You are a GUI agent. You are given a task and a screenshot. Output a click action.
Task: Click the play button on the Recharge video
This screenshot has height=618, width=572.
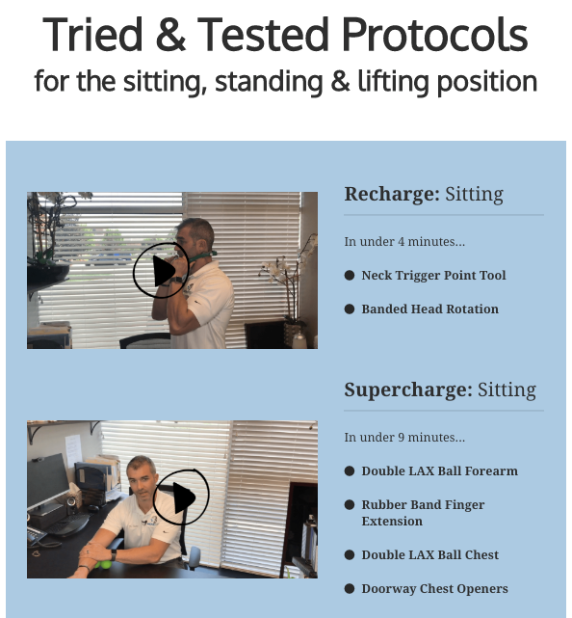[x=162, y=270]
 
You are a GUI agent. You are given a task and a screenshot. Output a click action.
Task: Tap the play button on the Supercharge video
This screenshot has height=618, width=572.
[x=181, y=497]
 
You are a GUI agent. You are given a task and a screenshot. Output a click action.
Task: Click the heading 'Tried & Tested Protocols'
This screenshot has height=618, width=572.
[x=285, y=35]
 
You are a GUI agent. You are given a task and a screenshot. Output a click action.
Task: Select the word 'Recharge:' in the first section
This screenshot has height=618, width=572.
[x=392, y=194]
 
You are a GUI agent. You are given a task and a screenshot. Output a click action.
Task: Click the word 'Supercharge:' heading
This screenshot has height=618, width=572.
[x=408, y=390]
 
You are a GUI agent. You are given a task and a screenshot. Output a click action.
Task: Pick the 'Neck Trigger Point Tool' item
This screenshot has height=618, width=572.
[x=433, y=275]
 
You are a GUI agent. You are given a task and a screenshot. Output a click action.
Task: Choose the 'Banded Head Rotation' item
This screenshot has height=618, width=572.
[x=429, y=309]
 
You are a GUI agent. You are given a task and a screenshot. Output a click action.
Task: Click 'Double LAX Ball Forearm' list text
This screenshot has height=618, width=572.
[x=440, y=471]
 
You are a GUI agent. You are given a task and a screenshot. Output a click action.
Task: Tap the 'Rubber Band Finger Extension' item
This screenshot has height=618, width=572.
[x=423, y=513]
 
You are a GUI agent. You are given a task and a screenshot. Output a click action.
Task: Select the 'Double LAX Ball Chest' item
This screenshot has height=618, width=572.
[x=429, y=555]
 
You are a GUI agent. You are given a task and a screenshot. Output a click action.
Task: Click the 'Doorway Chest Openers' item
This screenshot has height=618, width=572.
[x=434, y=589]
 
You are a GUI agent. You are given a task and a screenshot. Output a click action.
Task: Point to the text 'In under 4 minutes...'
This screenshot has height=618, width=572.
[x=404, y=241]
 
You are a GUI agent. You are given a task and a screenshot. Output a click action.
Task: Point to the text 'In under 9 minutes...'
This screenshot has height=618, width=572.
[x=404, y=437]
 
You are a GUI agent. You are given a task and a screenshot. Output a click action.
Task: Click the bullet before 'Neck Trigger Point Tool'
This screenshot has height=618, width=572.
[x=350, y=275]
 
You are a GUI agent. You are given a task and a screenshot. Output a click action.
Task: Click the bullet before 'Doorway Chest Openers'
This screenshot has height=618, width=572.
[x=350, y=589]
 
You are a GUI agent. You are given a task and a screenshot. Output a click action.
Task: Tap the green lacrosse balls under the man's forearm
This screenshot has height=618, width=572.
[x=102, y=564]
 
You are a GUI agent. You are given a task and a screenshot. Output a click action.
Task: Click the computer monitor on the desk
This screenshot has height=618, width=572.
[x=47, y=482]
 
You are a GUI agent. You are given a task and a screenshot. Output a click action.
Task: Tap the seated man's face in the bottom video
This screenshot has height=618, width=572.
[x=141, y=480]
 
